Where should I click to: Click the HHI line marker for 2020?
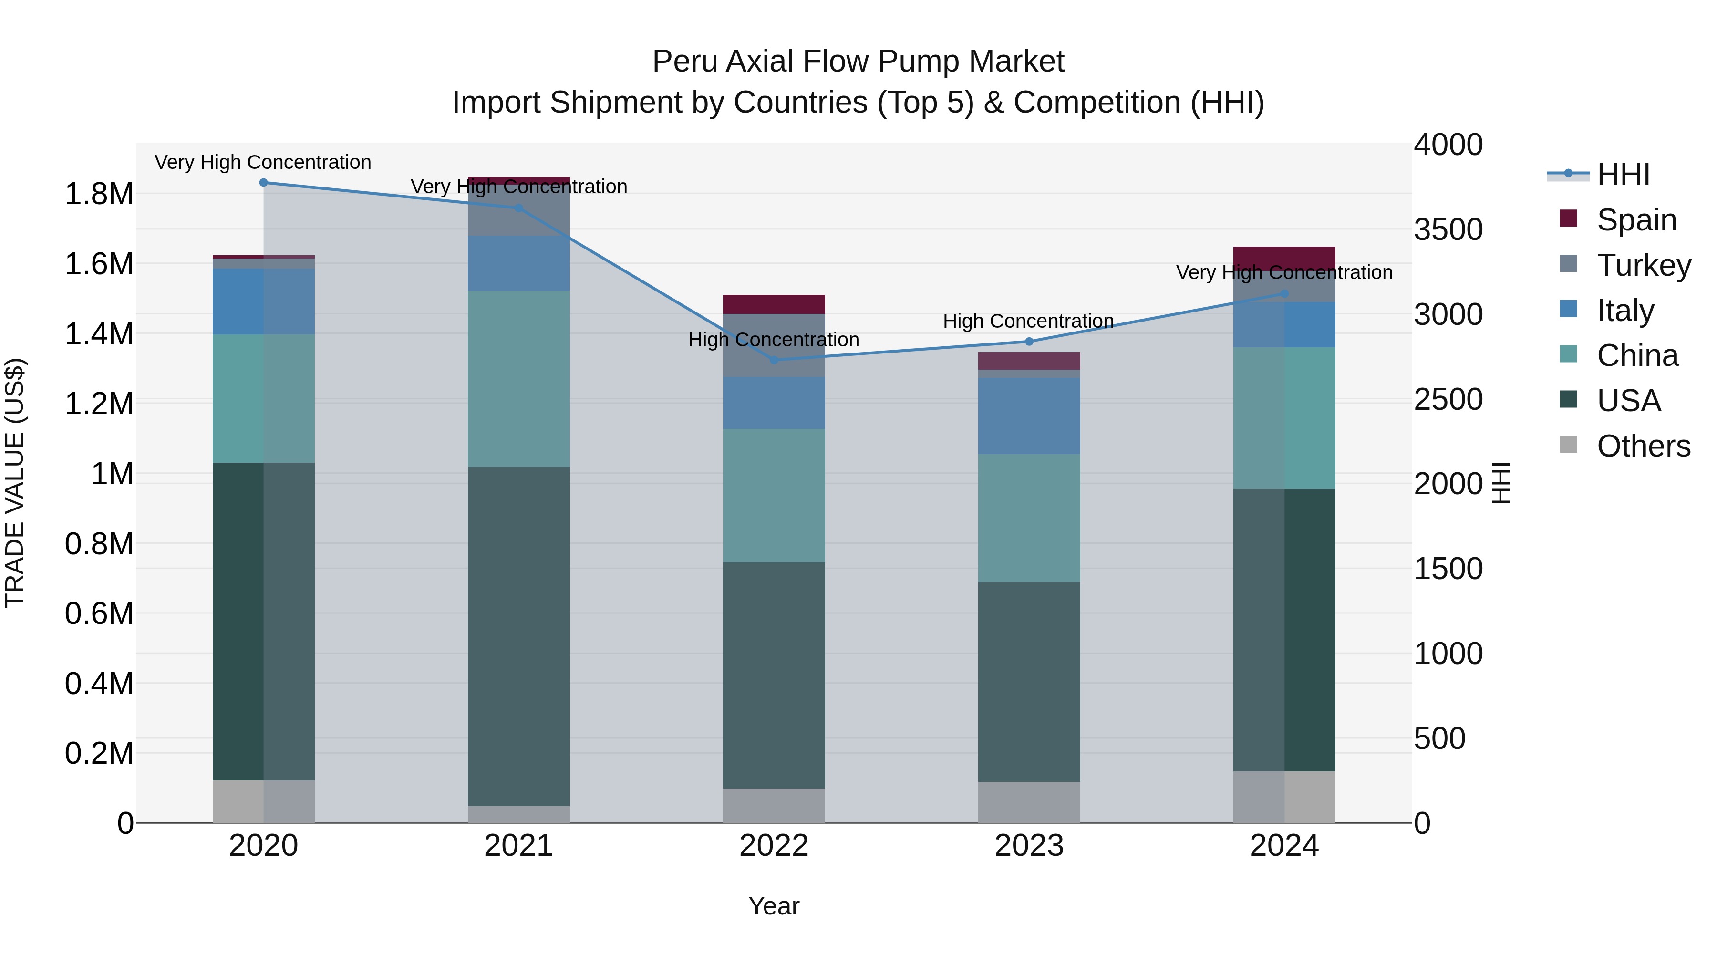(263, 183)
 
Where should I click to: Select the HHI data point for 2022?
(774, 360)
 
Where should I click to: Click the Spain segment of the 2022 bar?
(774, 304)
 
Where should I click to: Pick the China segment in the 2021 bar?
(518, 379)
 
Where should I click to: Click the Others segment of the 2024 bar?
(1284, 797)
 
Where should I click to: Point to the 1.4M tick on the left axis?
(99, 334)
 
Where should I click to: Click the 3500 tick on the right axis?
(1448, 229)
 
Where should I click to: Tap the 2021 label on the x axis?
(518, 846)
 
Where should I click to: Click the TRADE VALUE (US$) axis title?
(15, 483)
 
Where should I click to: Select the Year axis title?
(774, 906)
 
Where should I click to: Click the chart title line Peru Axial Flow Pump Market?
(858, 62)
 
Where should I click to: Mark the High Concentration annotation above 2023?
(1028, 322)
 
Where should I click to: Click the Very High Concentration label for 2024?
(1284, 273)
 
